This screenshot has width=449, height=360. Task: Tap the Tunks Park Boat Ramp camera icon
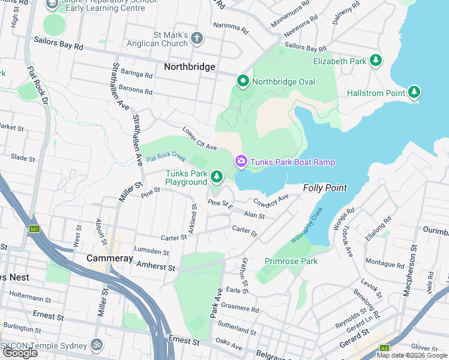point(241,161)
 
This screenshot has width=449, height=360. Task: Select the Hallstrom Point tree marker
point(414,93)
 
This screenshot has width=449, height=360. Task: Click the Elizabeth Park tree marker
point(376,61)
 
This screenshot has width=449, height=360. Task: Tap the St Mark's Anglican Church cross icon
point(197,39)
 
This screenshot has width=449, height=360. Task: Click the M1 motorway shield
point(35,229)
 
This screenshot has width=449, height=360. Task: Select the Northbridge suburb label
point(189,67)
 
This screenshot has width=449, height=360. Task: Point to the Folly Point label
point(325,188)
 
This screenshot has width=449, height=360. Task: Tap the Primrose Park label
point(291,261)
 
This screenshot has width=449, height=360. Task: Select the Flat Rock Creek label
point(165,157)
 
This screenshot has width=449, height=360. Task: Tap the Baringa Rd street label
point(137,75)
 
